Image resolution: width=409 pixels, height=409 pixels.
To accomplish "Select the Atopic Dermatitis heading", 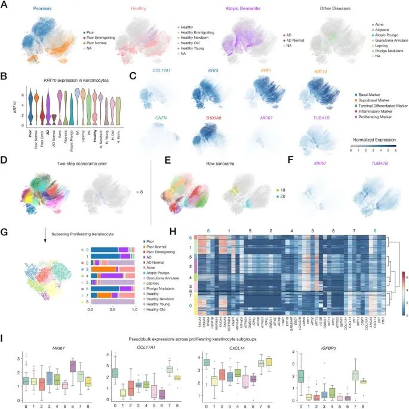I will [248, 8].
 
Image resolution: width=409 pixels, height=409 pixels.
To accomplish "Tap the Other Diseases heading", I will [339, 8].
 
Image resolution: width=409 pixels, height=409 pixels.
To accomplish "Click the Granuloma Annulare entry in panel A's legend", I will [389, 42].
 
